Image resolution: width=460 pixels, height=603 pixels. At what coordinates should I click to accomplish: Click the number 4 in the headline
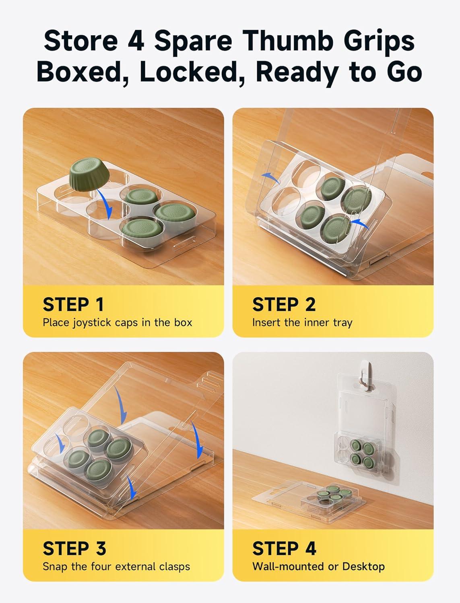135,41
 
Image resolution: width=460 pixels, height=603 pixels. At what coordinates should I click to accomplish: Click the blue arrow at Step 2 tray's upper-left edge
270,177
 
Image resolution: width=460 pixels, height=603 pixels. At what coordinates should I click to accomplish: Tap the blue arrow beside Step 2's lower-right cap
360,224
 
